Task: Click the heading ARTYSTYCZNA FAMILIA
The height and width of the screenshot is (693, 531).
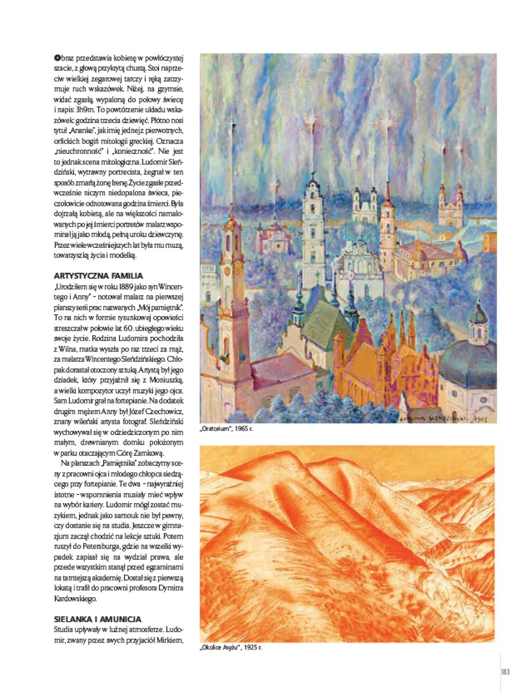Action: (98, 276)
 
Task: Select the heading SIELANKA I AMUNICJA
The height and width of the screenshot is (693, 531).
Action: (97, 619)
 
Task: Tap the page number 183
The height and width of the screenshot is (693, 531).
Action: (505, 672)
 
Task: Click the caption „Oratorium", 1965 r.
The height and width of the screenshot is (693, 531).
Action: (227, 429)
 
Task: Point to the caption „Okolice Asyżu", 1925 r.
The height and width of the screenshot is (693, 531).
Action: (230, 647)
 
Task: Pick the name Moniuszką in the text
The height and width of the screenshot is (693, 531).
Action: (165, 380)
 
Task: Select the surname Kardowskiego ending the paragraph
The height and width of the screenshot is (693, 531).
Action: (75, 599)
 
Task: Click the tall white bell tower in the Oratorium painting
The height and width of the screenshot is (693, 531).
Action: (313, 221)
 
